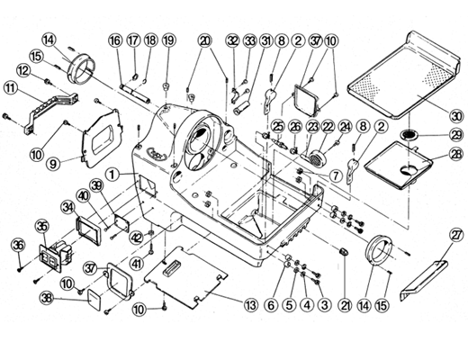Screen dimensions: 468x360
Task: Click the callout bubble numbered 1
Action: [x=112, y=175]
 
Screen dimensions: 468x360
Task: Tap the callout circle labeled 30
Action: [x=455, y=116]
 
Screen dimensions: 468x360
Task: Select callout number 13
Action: [x=251, y=305]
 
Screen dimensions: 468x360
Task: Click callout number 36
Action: [x=18, y=245]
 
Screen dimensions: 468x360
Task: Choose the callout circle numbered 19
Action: [x=169, y=40]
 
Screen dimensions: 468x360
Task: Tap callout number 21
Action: [x=345, y=305]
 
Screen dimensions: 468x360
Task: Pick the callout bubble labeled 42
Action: [x=136, y=238]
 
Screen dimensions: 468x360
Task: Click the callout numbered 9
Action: [x=53, y=165]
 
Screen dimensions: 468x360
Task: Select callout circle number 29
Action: [x=455, y=135]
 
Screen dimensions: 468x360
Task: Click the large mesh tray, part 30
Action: [x=403, y=74]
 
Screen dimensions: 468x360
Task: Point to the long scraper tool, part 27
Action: [x=424, y=281]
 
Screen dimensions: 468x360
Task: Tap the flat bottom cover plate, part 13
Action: [x=185, y=276]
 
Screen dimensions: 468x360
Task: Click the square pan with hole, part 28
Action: [x=399, y=165]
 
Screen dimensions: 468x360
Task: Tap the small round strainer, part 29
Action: [x=409, y=135]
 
